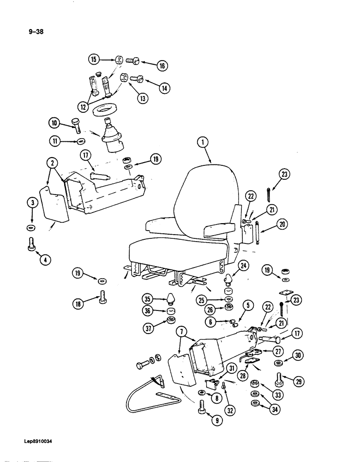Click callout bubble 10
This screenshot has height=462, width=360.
coord(55,122)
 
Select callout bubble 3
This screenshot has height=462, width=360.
coord(32,202)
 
